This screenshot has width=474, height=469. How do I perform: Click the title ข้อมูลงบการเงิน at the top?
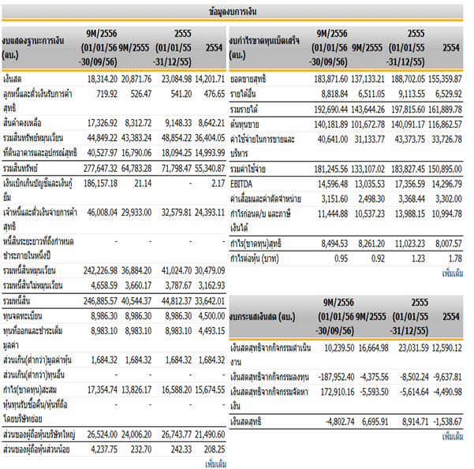click(x=237, y=12)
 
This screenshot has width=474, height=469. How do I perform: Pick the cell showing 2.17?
click(x=217, y=182)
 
